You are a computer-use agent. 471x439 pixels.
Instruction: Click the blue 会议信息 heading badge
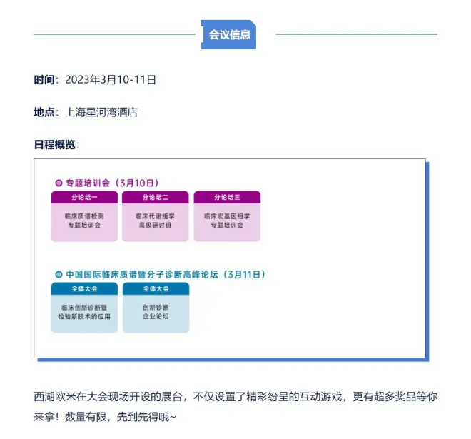[x=229, y=34]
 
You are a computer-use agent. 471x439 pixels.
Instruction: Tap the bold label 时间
[x=44, y=79]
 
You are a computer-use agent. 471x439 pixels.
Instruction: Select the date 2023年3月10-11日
[x=110, y=79]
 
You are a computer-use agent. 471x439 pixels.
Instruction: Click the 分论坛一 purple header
[x=84, y=197]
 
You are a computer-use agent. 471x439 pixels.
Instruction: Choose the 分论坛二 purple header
[x=156, y=197]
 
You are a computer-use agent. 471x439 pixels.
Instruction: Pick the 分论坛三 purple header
[x=227, y=197]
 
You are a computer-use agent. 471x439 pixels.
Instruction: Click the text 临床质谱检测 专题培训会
[x=84, y=220]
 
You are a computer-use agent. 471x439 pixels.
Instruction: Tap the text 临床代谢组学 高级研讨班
[x=156, y=220]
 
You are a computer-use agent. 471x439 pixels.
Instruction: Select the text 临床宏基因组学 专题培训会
[x=227, y=220]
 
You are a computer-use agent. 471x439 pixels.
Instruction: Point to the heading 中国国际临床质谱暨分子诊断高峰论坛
[x=143, y=274]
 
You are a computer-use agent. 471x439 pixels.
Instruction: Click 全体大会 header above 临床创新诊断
[x=84, y=289]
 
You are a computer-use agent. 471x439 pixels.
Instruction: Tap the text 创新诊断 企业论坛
[x=156, y=311]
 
